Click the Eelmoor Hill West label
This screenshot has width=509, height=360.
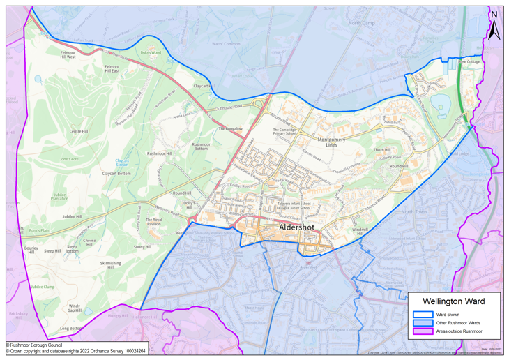click(x=68, y=54)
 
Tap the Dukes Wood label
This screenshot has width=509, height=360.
click(x=151, y=52)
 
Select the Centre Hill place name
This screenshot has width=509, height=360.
click(x=79, y=131)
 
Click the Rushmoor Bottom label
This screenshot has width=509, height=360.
click(x=201, y=147)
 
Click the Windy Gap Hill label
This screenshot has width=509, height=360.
click(x=75, y=308)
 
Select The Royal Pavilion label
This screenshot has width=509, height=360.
click(x=153, y=222)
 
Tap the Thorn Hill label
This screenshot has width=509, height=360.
click(x=382, y=149)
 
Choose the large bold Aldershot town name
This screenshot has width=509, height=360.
click(x=299, y=228)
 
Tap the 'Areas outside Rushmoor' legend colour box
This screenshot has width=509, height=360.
click(x=423, y=331)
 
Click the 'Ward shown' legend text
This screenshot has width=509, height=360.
click(x=448, y=315)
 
